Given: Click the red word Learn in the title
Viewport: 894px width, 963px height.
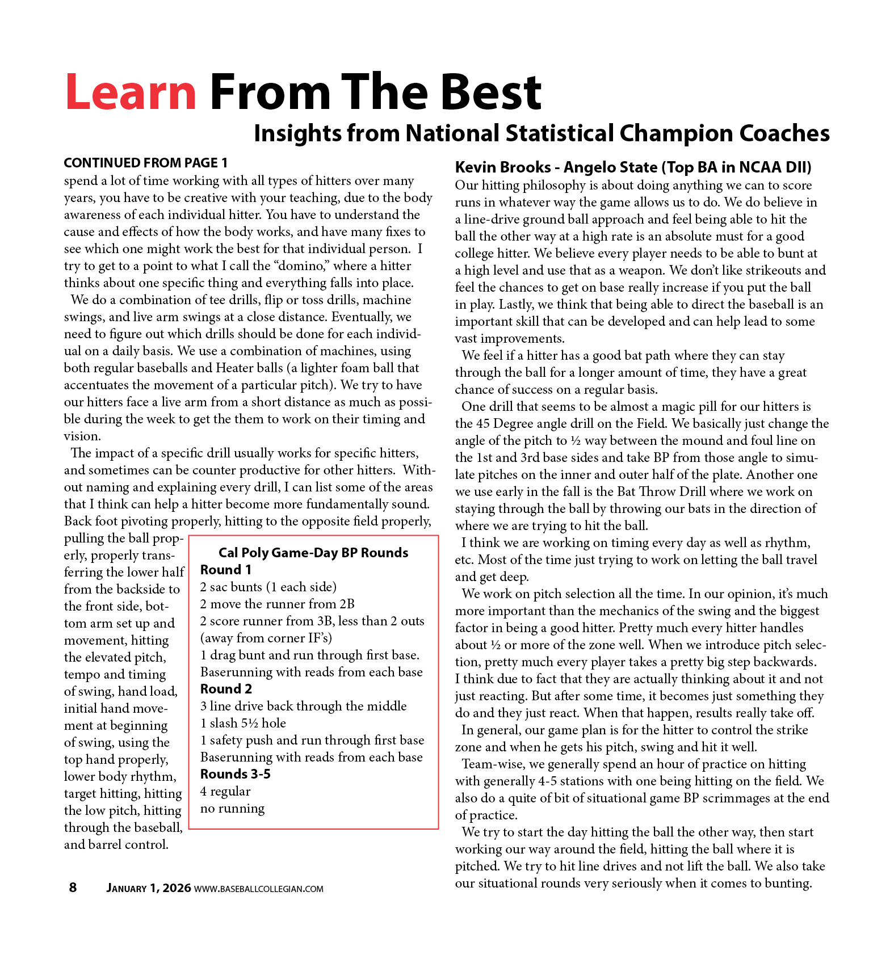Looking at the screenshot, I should click(x=131, y=92).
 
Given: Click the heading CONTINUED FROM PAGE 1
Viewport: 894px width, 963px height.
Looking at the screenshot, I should click(x=145, y=163).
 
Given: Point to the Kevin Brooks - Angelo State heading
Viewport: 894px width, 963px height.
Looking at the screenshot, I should click(x=633, y=167).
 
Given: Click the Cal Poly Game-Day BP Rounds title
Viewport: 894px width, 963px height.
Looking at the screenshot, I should click(x=313, y=553).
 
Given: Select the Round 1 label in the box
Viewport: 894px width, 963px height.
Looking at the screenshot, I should click(x=225, y=570).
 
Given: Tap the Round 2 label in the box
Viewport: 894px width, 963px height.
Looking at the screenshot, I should click(x=226, y=689).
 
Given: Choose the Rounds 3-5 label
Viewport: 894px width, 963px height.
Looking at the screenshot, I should click(x=235, y=774).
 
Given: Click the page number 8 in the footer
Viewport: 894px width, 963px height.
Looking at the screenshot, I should click(x=73, y=888).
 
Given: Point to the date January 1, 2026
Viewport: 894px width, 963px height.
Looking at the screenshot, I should click(x=148, y=888).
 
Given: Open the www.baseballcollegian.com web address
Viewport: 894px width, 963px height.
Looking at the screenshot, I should click(x=259, y=889).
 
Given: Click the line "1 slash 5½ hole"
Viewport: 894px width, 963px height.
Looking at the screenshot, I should click(x=243, y=723).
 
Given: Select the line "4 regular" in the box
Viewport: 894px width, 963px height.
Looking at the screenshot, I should click(x=225, y=791).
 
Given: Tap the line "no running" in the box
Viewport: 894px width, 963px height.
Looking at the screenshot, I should click(x=232, y=808).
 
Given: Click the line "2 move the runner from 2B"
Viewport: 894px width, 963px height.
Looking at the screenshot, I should click(x=277, y=604).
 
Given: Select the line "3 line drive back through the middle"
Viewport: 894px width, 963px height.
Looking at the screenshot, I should click(x=303, y=706).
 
